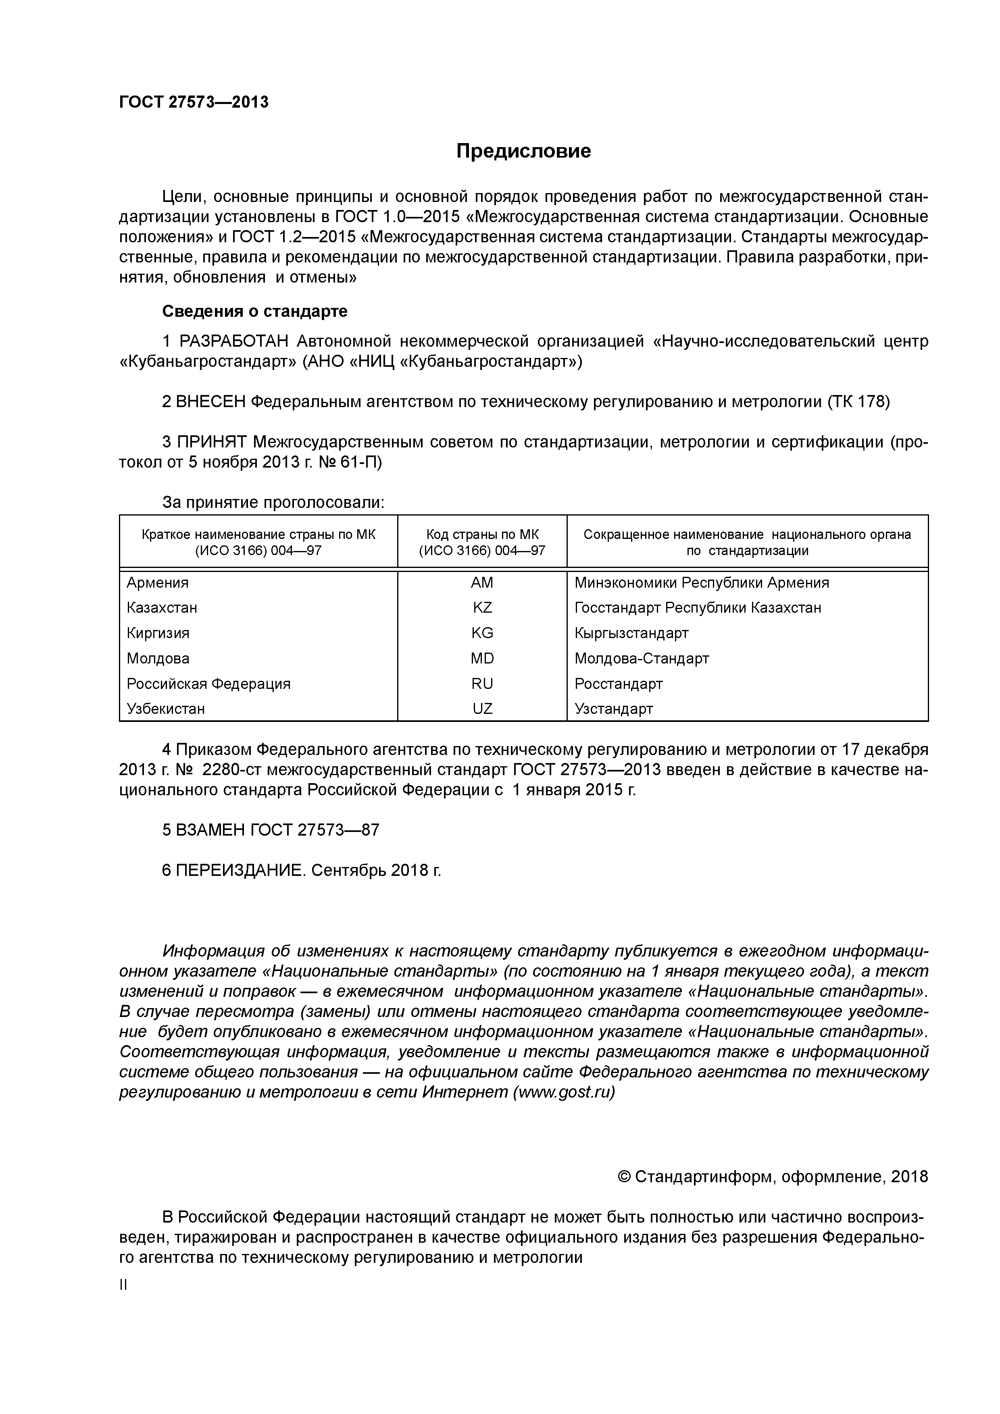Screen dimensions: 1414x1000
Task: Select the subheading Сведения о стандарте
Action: tap(254, 312)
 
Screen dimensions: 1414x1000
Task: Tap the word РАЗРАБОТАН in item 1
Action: tap(233, 341)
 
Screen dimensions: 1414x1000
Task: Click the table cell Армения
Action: tap(158, 582)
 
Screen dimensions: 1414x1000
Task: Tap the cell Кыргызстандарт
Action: tap(631, 633)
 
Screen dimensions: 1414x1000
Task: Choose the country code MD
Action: tap(482, 658)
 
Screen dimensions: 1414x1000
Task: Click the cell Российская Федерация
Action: tap(208, 684)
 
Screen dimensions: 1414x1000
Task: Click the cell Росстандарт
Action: tap(618, 684)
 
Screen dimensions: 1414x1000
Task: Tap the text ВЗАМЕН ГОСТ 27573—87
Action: tap(271, 830)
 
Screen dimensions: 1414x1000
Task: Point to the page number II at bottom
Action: tap(123, 1285)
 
